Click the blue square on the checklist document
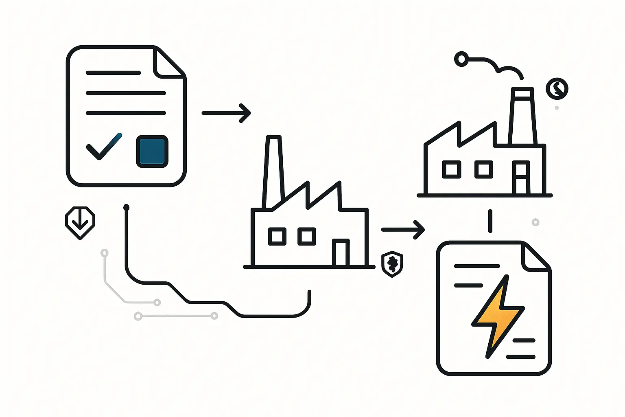click(152, 151)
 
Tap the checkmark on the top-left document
click(103, 147)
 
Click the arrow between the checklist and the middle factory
click(226, 113)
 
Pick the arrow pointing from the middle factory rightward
click(403, 230)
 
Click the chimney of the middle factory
click(273, 171)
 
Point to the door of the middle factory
click(341, 252)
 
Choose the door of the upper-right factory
click(521, 178)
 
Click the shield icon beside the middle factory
click(392, 264)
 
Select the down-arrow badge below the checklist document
click(80, 222)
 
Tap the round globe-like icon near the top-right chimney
click(557, 88)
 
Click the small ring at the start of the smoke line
click(461, 59)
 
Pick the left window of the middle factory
click(277, 237)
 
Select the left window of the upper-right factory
click(451, 169)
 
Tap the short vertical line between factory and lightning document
click(490, 221)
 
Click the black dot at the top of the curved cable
click(126, 208)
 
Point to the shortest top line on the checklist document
click(113, 73)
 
